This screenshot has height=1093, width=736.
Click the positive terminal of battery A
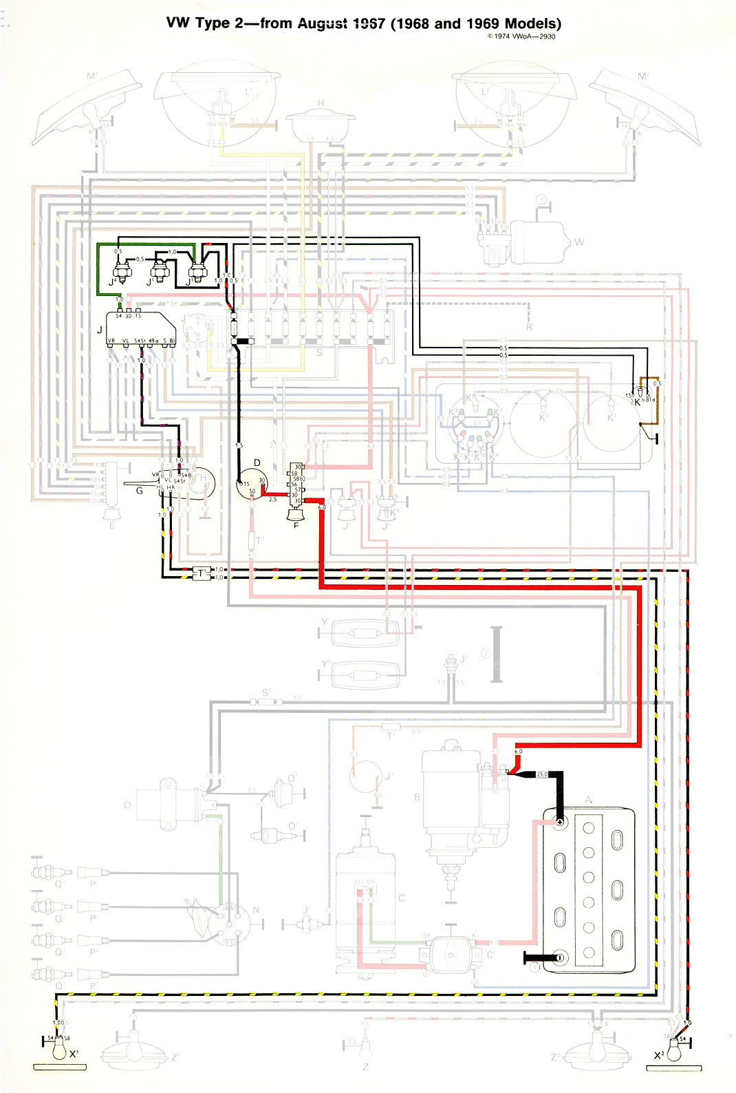pyautogui.click(x=560, y=823)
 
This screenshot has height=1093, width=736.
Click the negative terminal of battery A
pyautogui.click(x=559, y=957)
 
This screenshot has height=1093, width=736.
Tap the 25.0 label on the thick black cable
pyautogui.click(x=542, y=774)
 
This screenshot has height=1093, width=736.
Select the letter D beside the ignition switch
pyautogui.click(x=257, y=463)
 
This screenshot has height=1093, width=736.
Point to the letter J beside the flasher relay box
pyautogui.click(x=100, y=330)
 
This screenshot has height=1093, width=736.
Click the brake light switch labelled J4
pyautogui.click(x=122, y=270)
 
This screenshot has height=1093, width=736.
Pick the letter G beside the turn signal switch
pyautogui.click(x=140, y=491)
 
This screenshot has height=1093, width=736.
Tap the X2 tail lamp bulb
pyautogui.click(x=677, y=1050)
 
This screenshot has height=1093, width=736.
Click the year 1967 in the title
pyautogui.click(x=368, y=23)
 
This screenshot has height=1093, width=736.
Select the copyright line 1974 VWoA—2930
pyautogui.click(x=521, y=36)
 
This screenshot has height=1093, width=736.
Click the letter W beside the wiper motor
pyautogui.click(x=579, y=242)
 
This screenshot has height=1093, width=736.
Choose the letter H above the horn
pyautogui.click(x=321, y=103)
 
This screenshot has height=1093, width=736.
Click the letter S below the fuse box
pyautogui.click(x=318, y=353)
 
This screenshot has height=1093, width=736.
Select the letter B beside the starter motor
pyautogui.click(x=417, y=798)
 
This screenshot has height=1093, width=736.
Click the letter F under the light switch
pyautogui.click(x=296, y=525)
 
